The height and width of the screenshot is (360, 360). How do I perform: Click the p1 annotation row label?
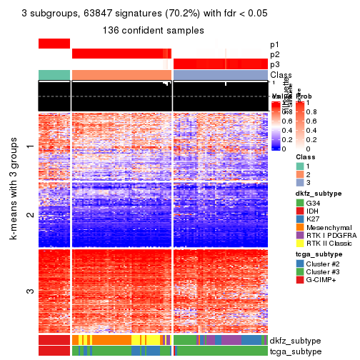[275, 44]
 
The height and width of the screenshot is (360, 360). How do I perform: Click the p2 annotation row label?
[275, 54]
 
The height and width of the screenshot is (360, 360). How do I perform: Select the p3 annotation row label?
[275, 64]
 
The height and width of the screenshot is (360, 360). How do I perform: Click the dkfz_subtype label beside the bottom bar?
[295, 340]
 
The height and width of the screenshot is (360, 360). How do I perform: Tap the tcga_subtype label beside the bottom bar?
[294, 351]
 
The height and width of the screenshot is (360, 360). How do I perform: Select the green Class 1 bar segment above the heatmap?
[54, 75]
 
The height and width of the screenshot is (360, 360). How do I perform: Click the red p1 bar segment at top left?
[54, 44]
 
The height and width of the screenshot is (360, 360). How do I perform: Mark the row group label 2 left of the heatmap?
[29, 214]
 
